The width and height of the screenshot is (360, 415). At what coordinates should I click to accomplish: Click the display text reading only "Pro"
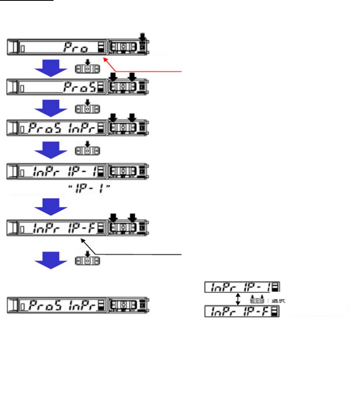pos(76,48)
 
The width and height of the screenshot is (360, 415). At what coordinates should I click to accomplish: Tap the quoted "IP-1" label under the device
pos(89,188)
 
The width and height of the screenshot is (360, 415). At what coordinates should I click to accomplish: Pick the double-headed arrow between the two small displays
pos(238,299)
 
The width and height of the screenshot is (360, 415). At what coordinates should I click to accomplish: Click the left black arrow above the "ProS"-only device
pos(113,76)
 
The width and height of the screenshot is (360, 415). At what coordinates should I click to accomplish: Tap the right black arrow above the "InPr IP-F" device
pos(132,217)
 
